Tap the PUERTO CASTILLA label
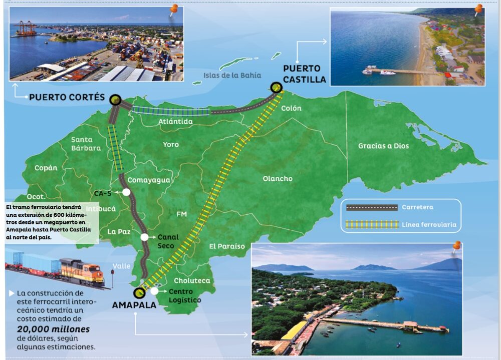coord(304,74)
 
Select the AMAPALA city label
coord(134,304)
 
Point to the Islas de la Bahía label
coord(232,76)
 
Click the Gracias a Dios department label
coord(383,146)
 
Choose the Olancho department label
coord(277,179)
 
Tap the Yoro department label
coord(170,145)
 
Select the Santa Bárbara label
coord(86,144)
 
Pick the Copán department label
coord(46,168)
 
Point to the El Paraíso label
coord(227,246)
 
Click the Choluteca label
coord(192,281)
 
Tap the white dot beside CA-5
coord(126,192)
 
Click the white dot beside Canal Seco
coord(145,237)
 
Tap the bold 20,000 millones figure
coord(53,329)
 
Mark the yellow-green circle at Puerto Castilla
coord(276,88)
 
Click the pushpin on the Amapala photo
coord(456,246)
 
